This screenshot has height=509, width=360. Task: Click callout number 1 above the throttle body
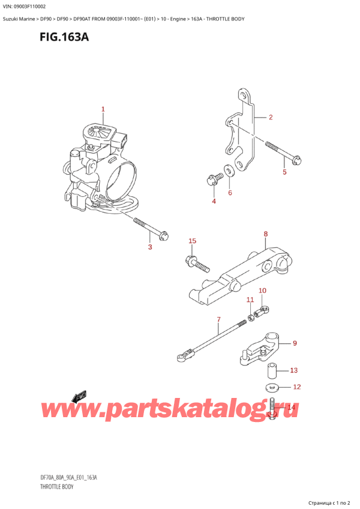click(x=103, y=109)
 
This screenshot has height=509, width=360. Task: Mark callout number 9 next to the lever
click(x=295, y=343)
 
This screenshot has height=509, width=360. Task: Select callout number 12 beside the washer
click(x=295, y=387)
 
